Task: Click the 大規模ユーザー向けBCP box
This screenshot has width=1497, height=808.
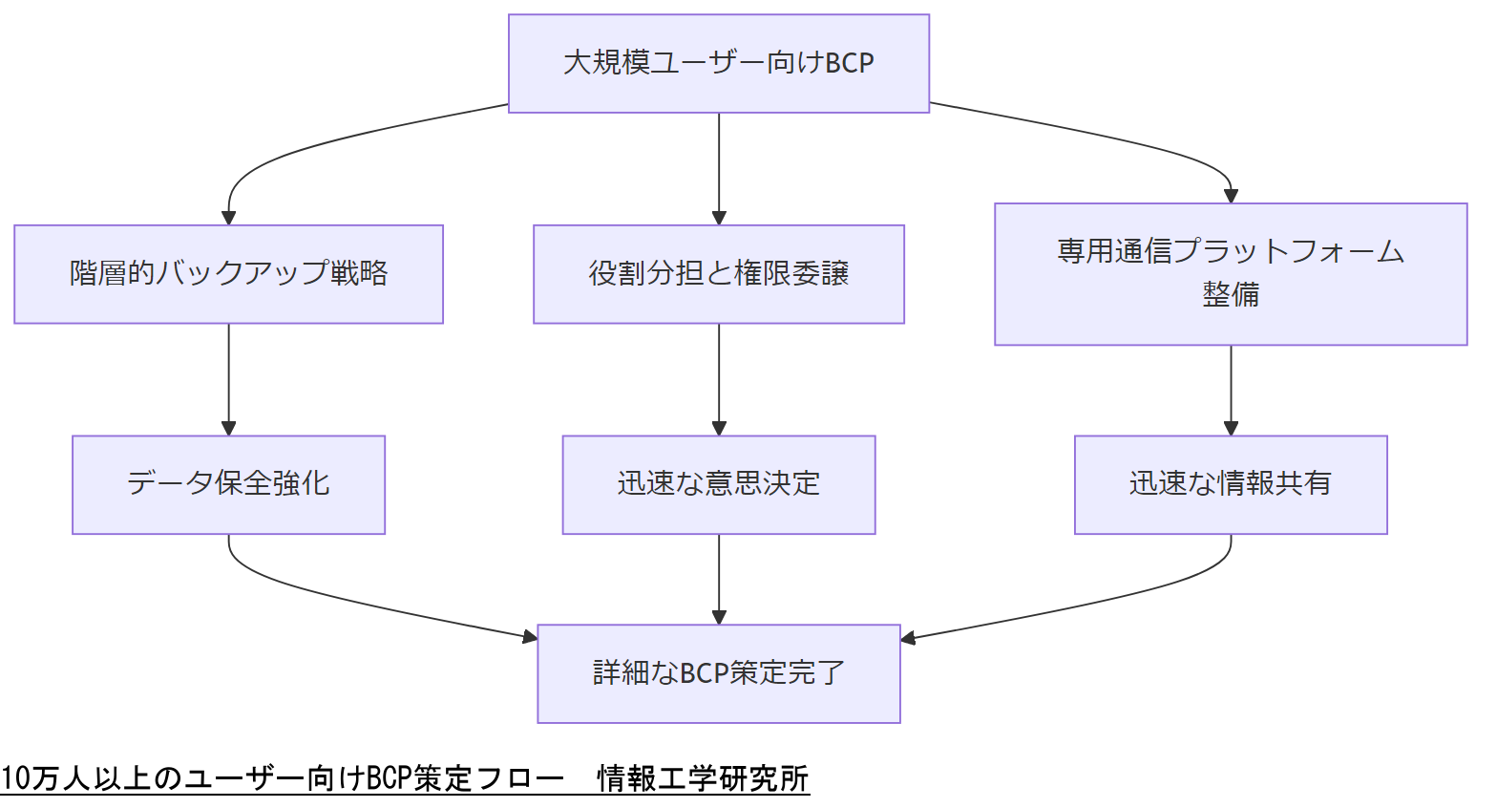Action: click(718, 63)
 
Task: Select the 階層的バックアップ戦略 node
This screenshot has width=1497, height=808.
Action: click(228, 274)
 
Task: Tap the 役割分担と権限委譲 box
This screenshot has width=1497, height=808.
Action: click(718, 274)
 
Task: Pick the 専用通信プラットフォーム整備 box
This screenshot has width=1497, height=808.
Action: click(1230, 273)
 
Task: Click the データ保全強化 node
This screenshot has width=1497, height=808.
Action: click(228, 484)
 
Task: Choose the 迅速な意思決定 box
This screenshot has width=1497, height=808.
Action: click(718, 484)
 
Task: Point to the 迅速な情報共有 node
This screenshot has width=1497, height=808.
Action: click(1230, 484)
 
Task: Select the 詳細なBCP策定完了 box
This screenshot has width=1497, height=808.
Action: click(718, 673)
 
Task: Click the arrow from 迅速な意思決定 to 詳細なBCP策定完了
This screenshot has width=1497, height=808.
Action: click(719, 579)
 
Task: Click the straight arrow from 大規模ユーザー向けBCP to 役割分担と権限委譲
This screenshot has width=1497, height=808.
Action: click(719, 168)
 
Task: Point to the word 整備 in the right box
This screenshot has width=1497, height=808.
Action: click(1230, 295)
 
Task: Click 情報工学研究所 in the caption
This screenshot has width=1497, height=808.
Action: click(703, 779)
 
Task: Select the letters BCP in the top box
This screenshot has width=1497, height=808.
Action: click(849, 64)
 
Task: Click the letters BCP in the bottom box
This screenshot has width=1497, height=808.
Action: click(705, 674)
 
